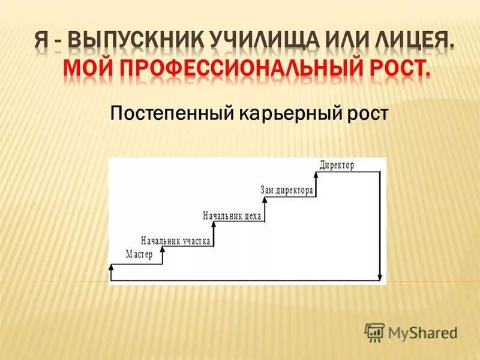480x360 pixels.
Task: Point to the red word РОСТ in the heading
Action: click(x=397, y=73)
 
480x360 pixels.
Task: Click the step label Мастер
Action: click(x=139, y=254)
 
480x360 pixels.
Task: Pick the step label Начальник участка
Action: click(x=175, y=241)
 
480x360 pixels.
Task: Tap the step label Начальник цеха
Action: click(x=232, y=216)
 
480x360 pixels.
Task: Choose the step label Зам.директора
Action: click(x=287, y=191)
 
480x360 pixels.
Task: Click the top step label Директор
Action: click(x=337, y=165)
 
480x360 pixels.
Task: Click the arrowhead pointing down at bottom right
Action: click(x=379, y=277)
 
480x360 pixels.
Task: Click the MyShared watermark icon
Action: click(x=375, y=332)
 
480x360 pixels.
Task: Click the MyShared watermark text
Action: click(x=422, y=332)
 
